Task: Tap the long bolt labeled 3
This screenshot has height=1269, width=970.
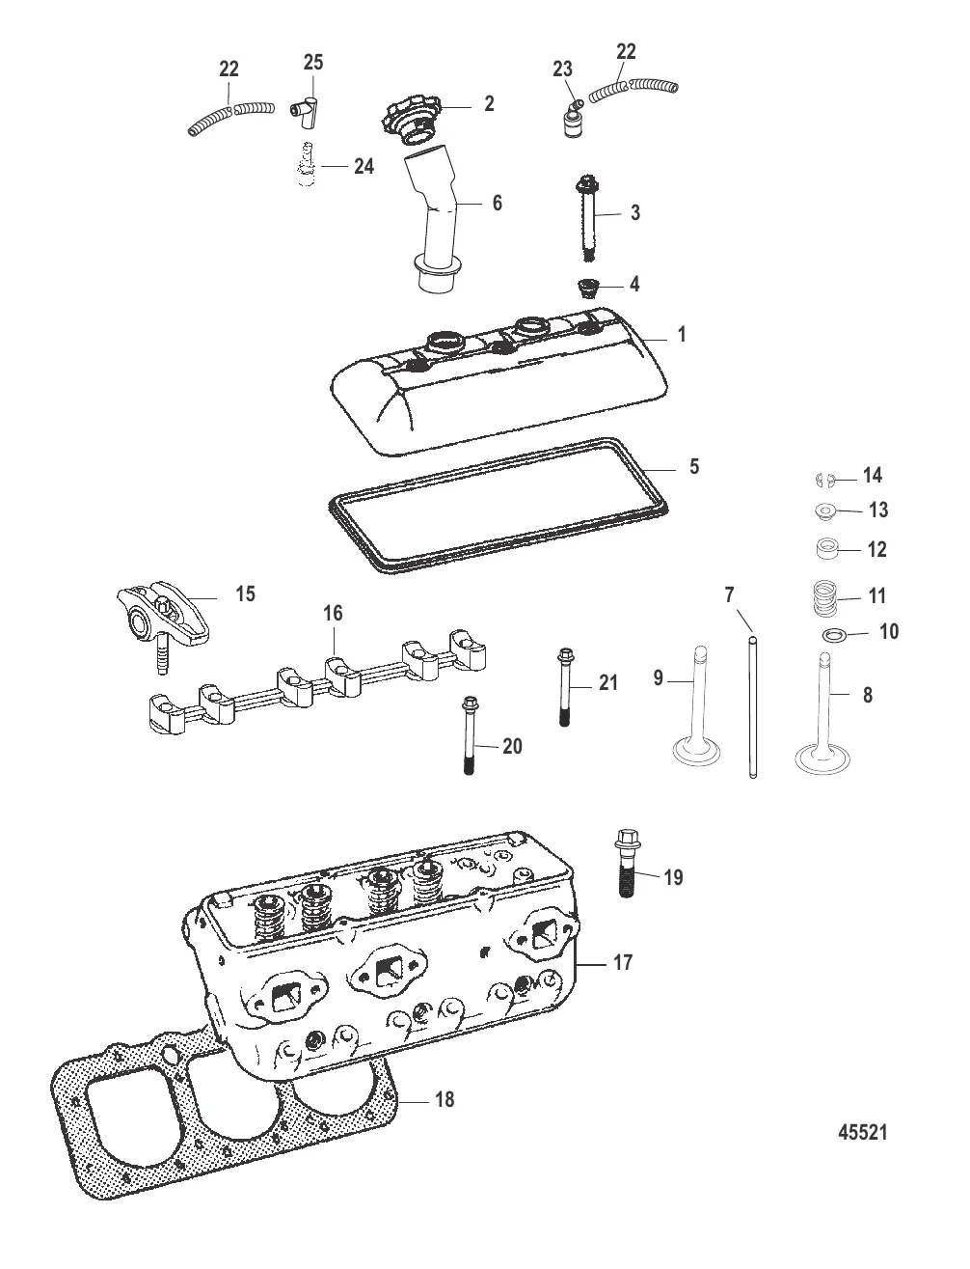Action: tap(586, 214)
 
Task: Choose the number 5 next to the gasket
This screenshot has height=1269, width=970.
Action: tap(694, 466)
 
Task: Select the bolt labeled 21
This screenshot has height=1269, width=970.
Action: tap(564, 688)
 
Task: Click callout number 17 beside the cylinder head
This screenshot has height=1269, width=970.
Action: tap(623, 961)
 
